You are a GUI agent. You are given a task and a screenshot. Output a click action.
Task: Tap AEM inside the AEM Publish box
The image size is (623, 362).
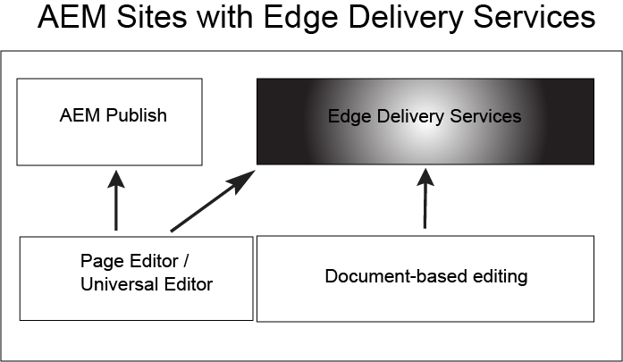(x=78, y=115)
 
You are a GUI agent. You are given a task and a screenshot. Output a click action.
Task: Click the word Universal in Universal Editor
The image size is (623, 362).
(x=113, y=284)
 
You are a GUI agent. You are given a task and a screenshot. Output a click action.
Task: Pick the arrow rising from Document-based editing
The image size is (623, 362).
(x=424, y=200)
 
